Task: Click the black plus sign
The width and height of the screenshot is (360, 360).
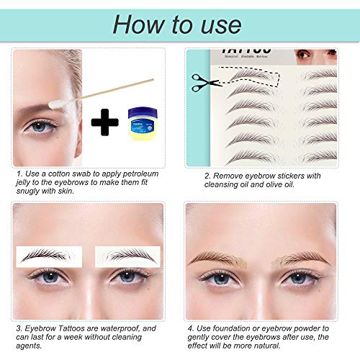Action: click(105, 122)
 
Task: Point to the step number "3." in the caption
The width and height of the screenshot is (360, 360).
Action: click(19, 329)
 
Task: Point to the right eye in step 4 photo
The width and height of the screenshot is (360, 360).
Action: click(298, 278)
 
